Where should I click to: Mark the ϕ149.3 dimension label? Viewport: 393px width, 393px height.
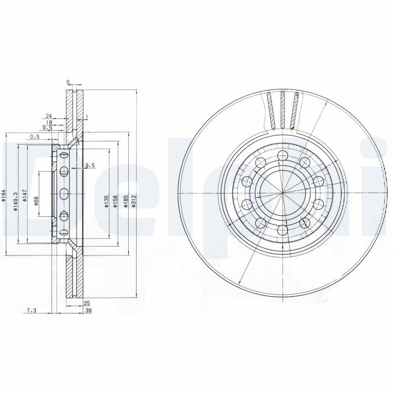pos(16,201)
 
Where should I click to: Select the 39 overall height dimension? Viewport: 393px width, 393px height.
pos(88,310)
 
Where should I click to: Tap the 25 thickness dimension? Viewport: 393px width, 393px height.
pos(87,303)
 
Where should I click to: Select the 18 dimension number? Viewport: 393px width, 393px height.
pos(49,122)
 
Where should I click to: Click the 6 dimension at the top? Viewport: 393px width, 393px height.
pos(68,83)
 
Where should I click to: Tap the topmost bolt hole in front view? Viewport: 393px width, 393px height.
pos(282,157)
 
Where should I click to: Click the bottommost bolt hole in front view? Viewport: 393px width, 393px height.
pos(282,229)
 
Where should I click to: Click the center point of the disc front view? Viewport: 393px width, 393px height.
pos(282,193)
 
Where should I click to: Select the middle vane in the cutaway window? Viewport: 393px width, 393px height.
pos(283,109)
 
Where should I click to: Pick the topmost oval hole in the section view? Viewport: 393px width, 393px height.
pos(64,155)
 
